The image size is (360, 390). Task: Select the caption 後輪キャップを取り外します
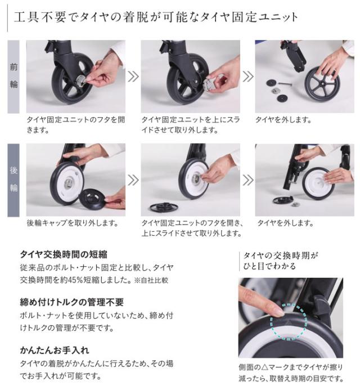[x=72, y=223]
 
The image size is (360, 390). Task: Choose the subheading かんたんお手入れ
[x=55, y=349]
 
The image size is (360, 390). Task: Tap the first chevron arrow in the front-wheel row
[x=133, y=77]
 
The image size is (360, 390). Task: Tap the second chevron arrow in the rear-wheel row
[x=247, y=180]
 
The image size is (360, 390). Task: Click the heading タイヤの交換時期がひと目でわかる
[x=280, y=261]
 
